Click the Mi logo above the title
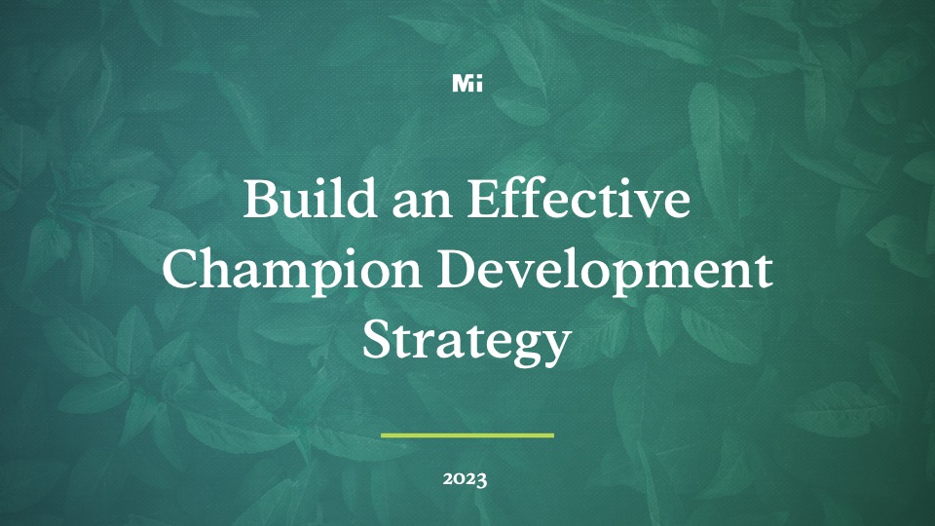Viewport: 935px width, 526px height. pyautogui.click(x=467, y=84)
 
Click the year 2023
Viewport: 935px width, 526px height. pyautogui.click(x=467, y=479)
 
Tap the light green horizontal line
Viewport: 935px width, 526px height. pyautogui.click(x=467, y=434)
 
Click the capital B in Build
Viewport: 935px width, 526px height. pyautogui.click(x=259, y=200)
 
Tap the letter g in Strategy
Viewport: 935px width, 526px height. pyautogui.click(x=521, y=348)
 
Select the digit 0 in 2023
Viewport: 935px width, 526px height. pyautogui.click(x=460, y=479)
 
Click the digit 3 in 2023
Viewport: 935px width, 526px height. pyautogui.click(x=482, y=480)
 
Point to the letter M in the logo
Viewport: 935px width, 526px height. pyautogui.click(x=462, y=84)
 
